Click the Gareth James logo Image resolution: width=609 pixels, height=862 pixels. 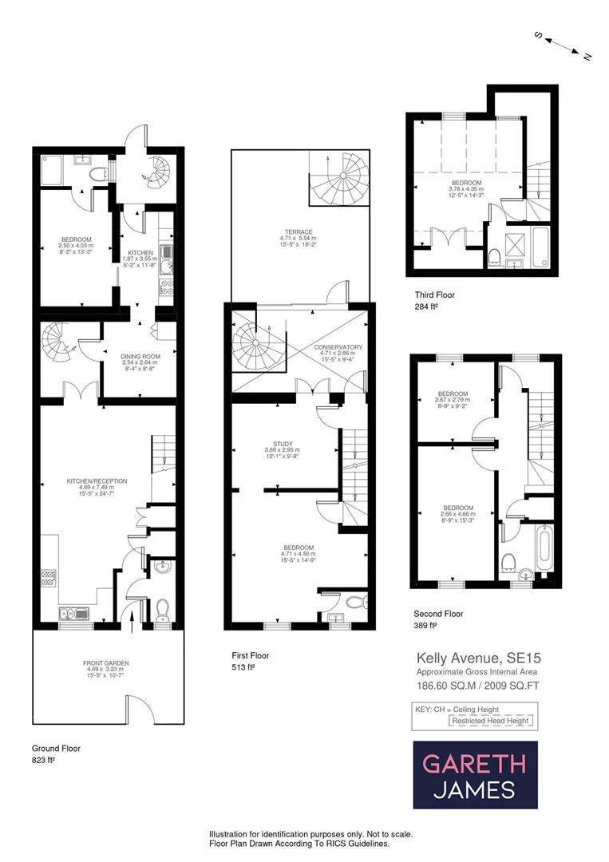click(x=475, y=775)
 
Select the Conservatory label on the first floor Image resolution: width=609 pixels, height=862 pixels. click(x=338, y=350)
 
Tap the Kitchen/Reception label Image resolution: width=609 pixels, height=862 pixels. click(x=97, y=484)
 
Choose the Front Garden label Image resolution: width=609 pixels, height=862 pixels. click(x=105, y=667)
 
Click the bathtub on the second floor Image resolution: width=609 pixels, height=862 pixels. click(x=545, y=548)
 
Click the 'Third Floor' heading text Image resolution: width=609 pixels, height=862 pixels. click(x=435, y=295)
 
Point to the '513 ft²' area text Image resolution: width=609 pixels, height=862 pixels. click(x=243, y=668)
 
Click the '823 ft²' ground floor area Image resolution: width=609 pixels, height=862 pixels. click(x=44, y=761)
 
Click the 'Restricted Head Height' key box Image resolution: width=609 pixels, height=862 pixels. click(x=491, y=721)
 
